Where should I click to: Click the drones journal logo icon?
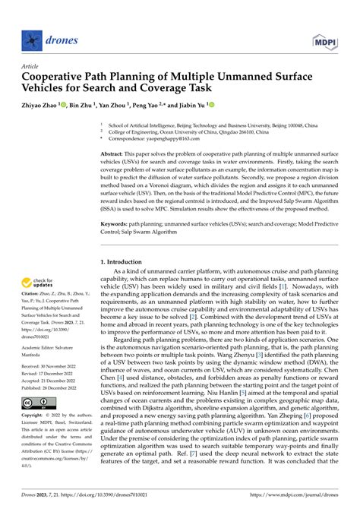click(x=30, y=37)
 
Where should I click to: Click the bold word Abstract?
click(x=114, y=154)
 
